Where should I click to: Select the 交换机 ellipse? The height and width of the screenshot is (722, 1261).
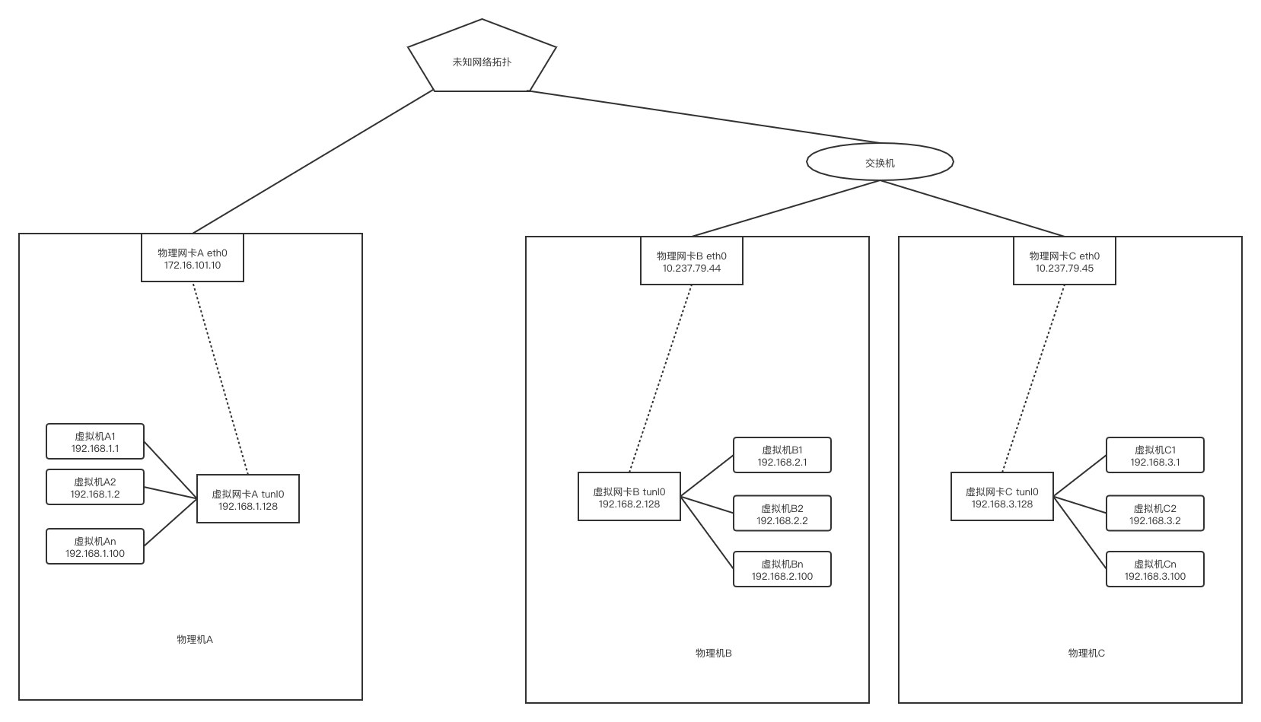point(880,162)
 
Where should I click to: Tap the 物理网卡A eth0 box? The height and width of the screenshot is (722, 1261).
point(193,258)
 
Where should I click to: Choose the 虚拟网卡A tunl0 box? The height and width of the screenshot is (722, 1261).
point(247,498)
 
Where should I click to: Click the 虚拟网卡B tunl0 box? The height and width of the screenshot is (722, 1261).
point(629,496)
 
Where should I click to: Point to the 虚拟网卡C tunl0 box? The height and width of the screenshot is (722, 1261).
point(1002,496)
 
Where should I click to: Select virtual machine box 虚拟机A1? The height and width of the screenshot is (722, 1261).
point(95,441)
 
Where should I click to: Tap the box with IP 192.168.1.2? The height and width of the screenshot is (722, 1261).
point(95,488)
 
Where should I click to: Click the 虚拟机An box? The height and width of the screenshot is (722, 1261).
point(95,546)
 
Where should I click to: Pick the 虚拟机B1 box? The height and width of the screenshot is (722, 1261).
point(782,455)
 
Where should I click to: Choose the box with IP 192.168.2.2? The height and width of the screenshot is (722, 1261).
point(782,514)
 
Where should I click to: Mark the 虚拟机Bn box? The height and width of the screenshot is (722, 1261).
point(782,570)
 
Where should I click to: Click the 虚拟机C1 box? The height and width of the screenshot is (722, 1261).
point(1155,455)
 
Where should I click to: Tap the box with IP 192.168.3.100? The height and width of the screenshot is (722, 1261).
point(1155,570)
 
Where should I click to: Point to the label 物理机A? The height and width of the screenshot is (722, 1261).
point(195,640)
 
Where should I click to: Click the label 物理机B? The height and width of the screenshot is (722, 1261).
point(714,654)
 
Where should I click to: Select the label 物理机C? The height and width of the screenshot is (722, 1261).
point(1087,654)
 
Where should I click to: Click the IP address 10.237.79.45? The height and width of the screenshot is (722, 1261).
point(1065,269)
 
